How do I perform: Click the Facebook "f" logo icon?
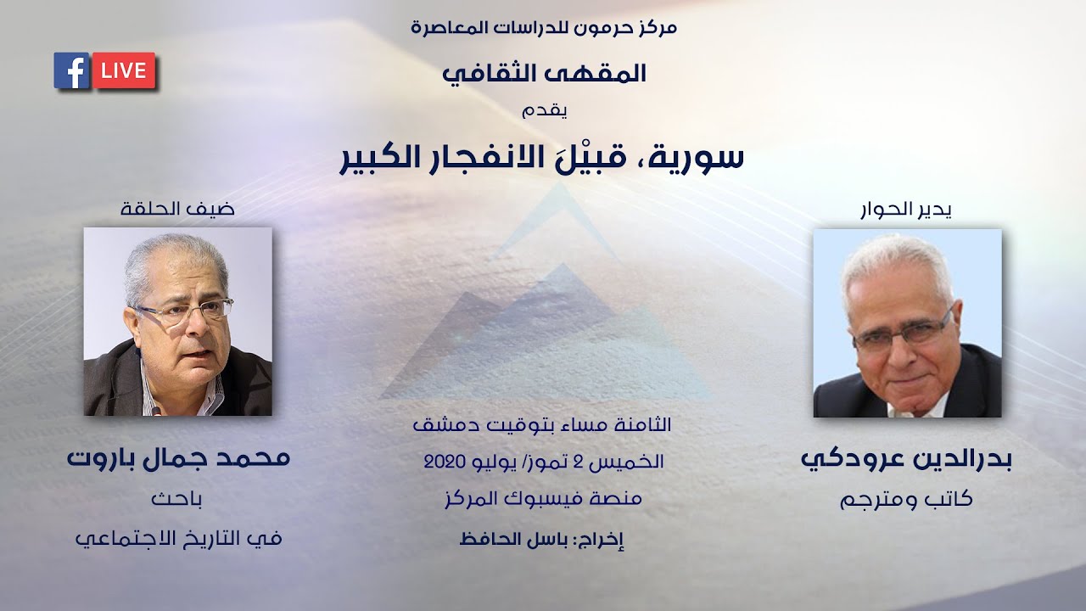[x=72, y=71]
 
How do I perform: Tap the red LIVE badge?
[x=124, y=71]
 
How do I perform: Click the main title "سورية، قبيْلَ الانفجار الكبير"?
[x=542, y=158]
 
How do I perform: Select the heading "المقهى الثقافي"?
[x=544, y=73]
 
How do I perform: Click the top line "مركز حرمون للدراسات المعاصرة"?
[x=544, y=27]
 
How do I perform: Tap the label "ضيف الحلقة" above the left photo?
[x=177, y=208]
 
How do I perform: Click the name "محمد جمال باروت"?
[x=178, y=458]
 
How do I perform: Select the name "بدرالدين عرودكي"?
[x=906, y=459]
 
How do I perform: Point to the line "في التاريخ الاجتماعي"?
[x=178, y=538]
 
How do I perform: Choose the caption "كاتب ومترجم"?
[x=906, y=500]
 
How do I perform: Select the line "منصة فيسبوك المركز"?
[x=542, y=499]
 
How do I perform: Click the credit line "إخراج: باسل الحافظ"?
[x=542, y=539]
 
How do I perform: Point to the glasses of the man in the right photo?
[x=903, y=333]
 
